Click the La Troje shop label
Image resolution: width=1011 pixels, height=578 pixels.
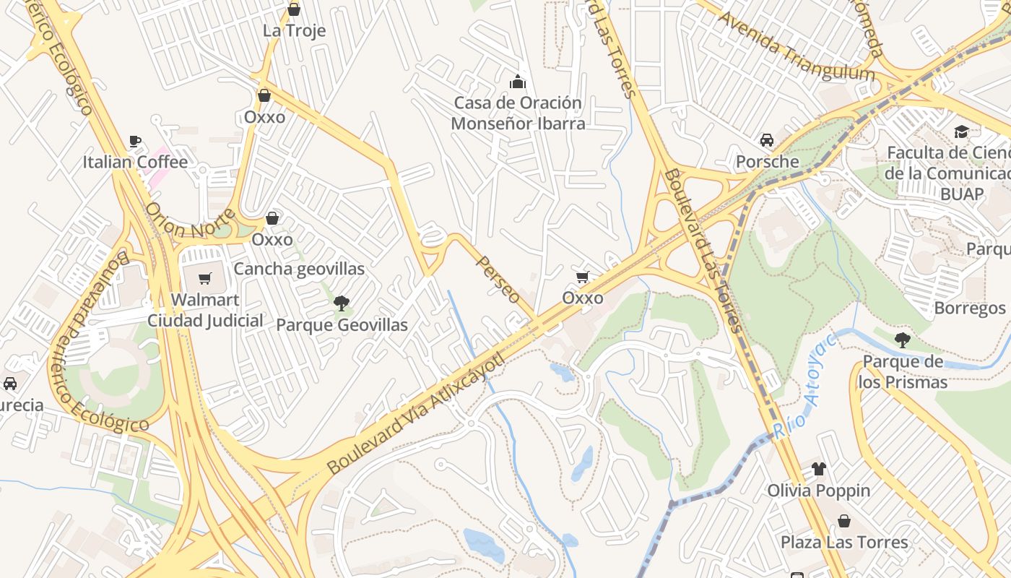point(294,30)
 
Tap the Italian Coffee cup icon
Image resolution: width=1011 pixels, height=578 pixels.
point(134,141)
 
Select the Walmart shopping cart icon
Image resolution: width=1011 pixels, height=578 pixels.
point(205,278)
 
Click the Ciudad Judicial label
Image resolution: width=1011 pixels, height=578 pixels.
point(205,320)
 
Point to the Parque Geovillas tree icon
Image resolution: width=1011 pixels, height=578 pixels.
point(342,303)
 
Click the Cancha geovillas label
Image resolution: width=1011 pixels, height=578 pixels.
point(299,269)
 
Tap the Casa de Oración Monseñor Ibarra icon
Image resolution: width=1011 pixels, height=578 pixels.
point(518,82)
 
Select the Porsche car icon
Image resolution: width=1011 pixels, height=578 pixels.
point(766,140)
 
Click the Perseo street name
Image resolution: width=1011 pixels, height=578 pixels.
point(498,280)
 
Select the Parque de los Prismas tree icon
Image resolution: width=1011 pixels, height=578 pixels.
point(901,340)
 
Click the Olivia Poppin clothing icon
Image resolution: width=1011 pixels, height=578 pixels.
point(818,469)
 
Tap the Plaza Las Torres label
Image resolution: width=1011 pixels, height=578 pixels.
point(844,542)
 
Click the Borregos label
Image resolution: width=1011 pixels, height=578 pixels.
point(969,308)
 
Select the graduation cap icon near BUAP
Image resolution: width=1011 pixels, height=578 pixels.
point(961,131)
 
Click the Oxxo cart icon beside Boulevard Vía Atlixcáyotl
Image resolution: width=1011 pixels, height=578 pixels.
point(583,277)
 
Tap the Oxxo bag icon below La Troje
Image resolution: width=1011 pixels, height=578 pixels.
point(264,95)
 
